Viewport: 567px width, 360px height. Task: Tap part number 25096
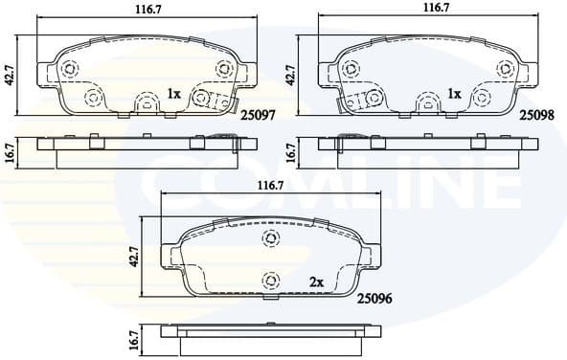[x=374, y=300]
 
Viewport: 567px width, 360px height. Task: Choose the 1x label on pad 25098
[x=455, y=94]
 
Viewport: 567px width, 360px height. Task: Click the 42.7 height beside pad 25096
[x=135, y=257]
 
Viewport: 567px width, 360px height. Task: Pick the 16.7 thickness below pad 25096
[x=135, y=338]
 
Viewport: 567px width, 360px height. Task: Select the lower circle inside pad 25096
[x=271, y=280]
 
